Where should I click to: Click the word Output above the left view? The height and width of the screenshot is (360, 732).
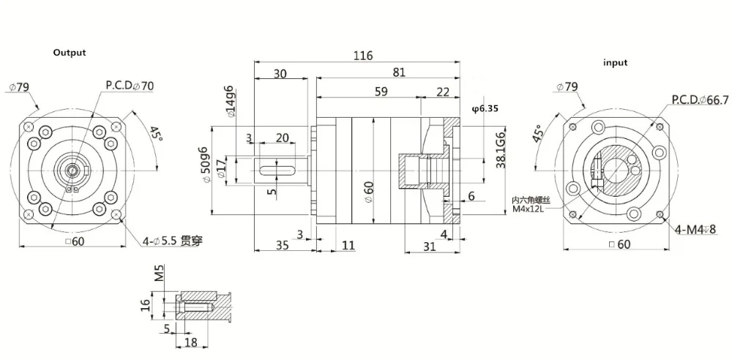point(70,53)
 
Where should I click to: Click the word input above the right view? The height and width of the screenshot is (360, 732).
point(615,63)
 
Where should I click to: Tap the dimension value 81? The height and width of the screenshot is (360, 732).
point(398,72)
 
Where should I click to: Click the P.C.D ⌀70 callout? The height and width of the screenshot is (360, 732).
point(130,86)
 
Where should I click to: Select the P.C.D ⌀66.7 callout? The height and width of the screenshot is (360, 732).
point(699,100)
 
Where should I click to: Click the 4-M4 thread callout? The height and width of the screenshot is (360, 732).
point(695,230)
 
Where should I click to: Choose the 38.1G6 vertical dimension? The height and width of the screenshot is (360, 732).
point(501,151)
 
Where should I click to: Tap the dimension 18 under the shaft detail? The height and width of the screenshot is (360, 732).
point(192,342)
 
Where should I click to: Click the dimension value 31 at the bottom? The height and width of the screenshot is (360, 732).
point(429,247)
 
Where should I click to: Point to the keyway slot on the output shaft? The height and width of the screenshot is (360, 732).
point(277,171)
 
